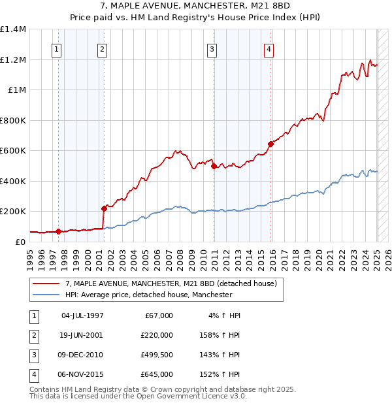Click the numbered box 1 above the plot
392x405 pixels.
(57, 48)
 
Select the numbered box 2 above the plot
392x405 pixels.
(102, 48)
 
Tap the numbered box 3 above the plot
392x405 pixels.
(212, 48)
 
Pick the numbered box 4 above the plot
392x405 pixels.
(269, 48)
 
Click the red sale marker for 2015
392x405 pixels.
(270, 144)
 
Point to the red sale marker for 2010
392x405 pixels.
(214, 166)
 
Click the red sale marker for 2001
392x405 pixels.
(104, 208)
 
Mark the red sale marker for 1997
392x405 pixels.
(59, 231)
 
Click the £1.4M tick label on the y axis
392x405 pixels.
(13, 29)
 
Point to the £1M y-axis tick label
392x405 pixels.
(17, 90)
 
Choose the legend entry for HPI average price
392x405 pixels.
(148, 295)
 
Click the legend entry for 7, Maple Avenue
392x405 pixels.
(171, 283)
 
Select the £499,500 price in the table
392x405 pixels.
(157, 357)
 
